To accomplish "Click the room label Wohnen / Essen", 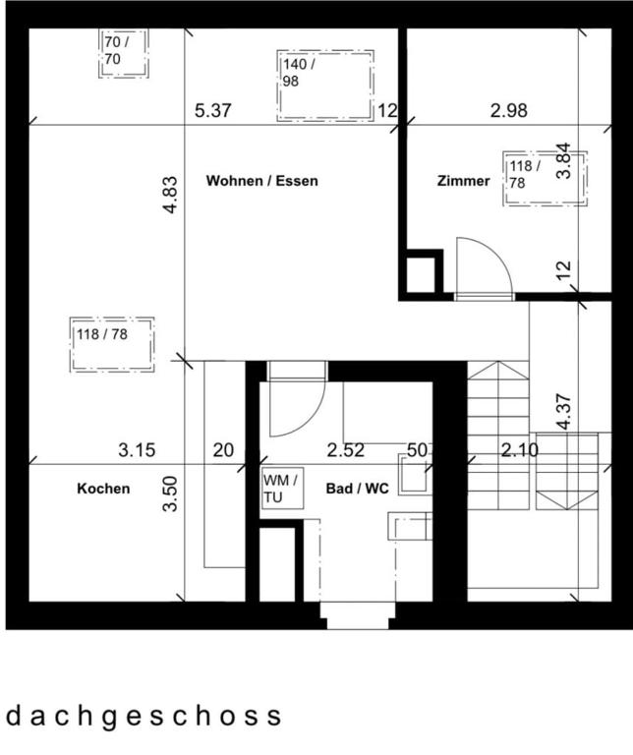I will [261, 181].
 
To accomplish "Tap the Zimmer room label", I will [463, 181].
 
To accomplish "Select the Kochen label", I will [103, 488].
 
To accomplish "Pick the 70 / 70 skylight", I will [124, 52].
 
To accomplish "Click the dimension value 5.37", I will [212, 111].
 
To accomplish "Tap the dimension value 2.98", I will [509, 111].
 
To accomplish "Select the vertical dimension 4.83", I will [170, 195].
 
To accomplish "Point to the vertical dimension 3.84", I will [563, 160].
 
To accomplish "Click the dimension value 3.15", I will [137, 451].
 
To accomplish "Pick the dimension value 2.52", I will [346, 451].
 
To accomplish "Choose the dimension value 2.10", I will [520, 451].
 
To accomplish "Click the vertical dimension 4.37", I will [563, 411].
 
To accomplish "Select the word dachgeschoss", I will [144, 715].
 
